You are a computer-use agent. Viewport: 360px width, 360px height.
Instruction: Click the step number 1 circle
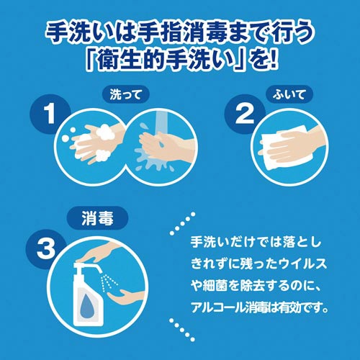point(49,114)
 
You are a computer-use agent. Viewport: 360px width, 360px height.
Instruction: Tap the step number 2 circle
point(246,114)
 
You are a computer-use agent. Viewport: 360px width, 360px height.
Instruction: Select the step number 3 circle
point(46,250)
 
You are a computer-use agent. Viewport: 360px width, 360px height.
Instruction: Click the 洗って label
point(126,95)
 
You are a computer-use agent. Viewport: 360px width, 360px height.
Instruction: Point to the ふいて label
point(289,94)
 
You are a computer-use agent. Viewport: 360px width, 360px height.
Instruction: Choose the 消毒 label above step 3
point(97,219)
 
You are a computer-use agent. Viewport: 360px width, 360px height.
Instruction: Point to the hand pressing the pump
point(101,254)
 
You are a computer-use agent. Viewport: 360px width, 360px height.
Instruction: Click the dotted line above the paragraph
point(182,223)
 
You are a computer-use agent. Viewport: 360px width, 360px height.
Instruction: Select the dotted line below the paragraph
point(182,329)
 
